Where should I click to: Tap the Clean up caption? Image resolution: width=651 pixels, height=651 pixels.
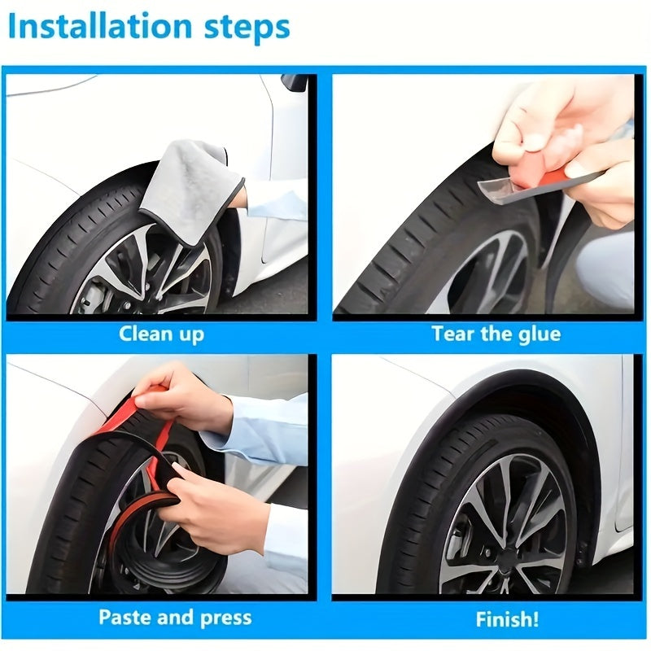tap(161, 334)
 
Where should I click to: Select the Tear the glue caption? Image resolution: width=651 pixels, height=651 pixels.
tap(496, 334)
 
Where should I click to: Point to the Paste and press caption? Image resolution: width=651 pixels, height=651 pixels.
tap(175, 616)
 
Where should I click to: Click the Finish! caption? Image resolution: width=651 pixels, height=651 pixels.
tap(506, 618)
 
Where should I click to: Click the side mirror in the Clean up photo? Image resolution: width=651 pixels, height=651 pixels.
tap(295, 82)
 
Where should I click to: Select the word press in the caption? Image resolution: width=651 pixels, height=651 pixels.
tap(223, 616)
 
